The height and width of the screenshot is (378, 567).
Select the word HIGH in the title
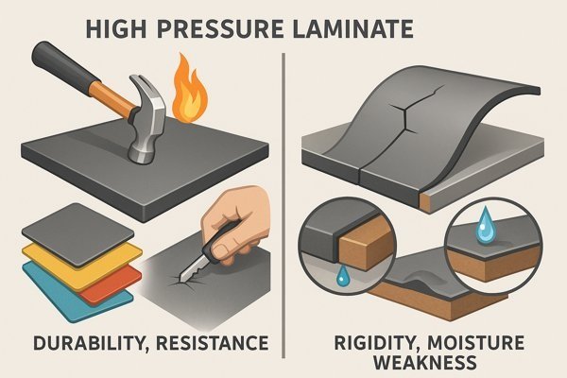(116, 29)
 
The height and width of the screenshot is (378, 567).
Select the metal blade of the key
(192, 269)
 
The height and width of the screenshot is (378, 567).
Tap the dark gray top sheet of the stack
(77, 235)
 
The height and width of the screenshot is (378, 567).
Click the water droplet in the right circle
(485, 225)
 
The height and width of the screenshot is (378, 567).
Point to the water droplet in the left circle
(341, 275)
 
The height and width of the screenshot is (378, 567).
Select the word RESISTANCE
(213, 343)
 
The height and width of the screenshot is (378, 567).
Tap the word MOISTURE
(476, 343)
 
